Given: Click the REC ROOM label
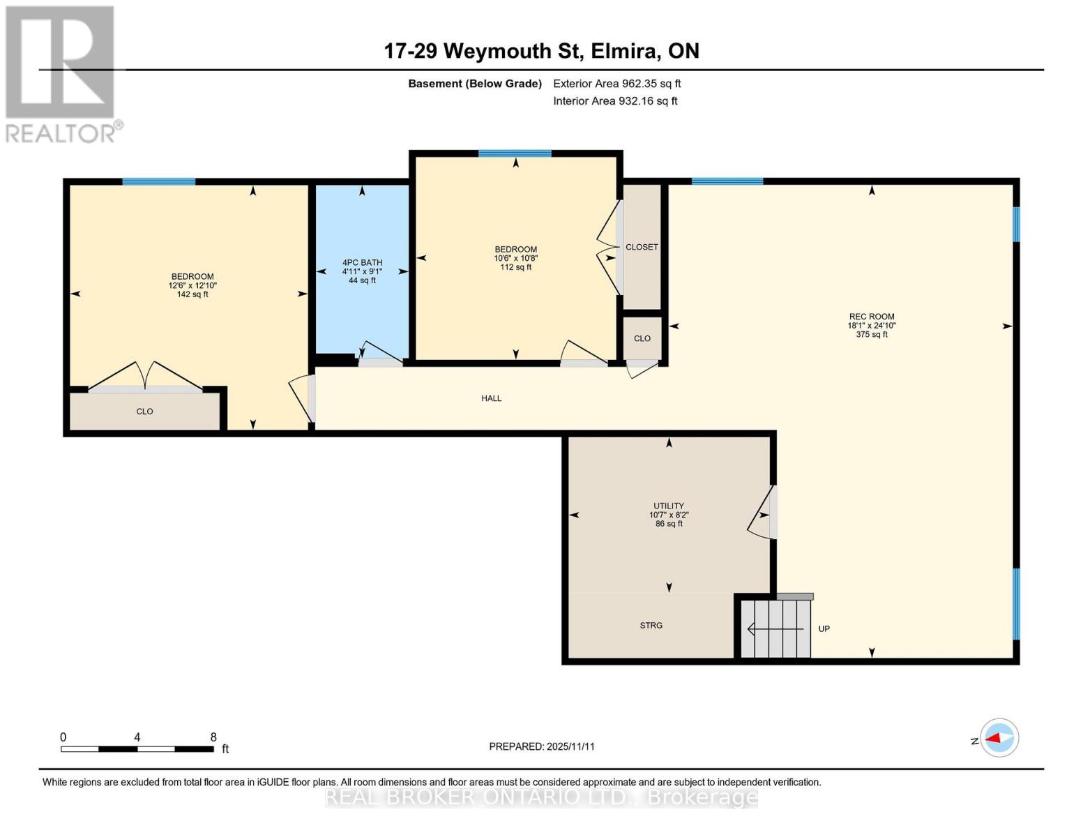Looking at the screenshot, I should pos(871,317).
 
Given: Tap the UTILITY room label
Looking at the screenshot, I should pos(668,506).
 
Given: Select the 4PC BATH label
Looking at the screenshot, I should pos(362,263).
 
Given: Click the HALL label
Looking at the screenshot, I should pos(491,398).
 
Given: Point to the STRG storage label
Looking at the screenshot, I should pos(651,626).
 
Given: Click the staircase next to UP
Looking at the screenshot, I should pos(775,628).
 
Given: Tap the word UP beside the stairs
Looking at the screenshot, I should pos(824,629).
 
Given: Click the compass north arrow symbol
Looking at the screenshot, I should pos(999,738).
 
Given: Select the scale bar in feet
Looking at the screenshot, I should pos(137,749).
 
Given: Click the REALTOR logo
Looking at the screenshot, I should pos(61,73).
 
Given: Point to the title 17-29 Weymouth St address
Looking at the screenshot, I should pos(541,51).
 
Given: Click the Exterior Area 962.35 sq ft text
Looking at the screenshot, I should pos(616,84).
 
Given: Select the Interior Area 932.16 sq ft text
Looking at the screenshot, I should pos(615,101).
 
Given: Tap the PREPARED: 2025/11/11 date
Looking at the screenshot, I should pos(541,746).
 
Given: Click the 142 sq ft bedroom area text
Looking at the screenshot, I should pos(192,294).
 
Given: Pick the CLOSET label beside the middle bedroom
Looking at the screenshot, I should pos(642,247).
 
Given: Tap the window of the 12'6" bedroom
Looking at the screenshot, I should pos(158,182).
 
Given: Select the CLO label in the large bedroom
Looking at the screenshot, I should pos(144,412).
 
